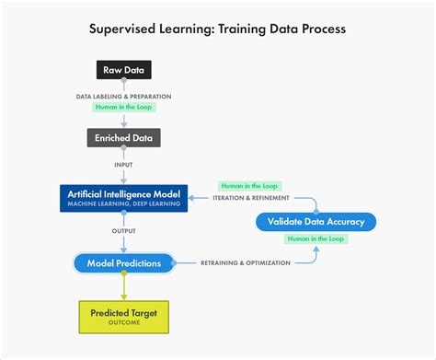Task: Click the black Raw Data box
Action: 124,70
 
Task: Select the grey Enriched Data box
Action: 124,138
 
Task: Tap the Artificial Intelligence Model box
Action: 124,197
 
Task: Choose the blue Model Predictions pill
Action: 124,263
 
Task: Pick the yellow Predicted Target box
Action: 123,316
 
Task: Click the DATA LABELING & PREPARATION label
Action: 124,96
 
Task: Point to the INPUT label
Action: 124,166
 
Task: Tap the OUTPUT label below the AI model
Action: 124,230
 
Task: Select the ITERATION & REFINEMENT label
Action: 251,198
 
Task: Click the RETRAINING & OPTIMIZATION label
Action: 246,263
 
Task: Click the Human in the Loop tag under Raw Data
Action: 124,107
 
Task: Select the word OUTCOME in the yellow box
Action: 123,322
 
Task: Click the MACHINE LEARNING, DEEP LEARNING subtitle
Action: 124,203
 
